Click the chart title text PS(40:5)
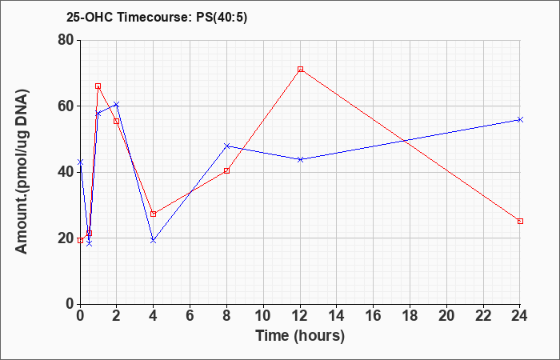tap(222, 17)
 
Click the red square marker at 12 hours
tap(300, 70)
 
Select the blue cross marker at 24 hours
tap(520, 120)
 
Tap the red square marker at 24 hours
tap(520, 221)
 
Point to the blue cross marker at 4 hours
tap(154, 240)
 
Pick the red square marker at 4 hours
tap(154, 214)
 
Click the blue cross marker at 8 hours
tap(226, 146)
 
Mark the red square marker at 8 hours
tap(226, 170)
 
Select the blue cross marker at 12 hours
tap(300, 159)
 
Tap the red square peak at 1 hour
tap(98, 86)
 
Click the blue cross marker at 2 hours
tap(117, 104)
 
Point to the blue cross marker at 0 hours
tap(80, 162)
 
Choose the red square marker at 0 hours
tap(80, 240)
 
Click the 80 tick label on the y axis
tap(66, 40)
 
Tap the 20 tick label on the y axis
tap(66, 238)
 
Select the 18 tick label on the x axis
tap(410, 316)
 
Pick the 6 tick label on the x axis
tap(190, 316)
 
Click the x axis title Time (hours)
tap(300, 336)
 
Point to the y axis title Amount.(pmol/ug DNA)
tap(22, 172)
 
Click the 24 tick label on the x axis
tap(520, 316)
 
